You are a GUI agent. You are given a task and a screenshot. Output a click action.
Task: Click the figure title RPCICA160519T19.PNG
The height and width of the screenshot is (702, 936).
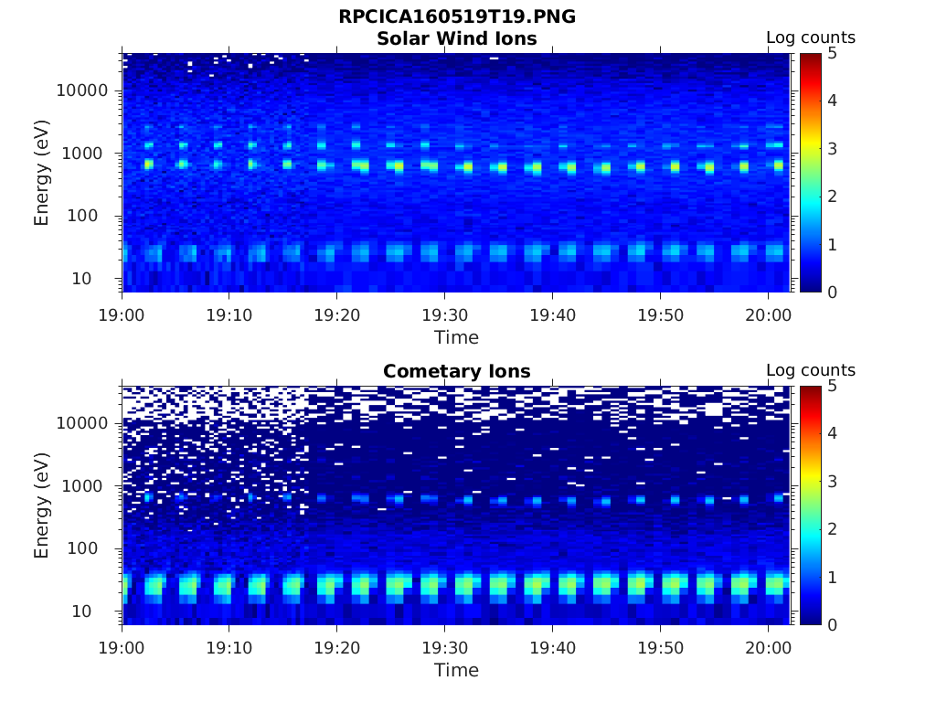pos(456,17)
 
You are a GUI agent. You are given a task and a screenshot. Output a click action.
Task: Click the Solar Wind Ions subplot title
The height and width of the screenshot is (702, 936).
pos(456,39)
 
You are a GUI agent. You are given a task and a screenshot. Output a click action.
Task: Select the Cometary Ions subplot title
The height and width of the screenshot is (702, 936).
pos(456,372)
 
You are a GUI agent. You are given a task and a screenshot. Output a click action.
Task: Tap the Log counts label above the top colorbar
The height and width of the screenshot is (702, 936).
pos(810,38)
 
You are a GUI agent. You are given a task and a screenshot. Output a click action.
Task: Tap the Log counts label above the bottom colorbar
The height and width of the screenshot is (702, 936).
pos(810,371)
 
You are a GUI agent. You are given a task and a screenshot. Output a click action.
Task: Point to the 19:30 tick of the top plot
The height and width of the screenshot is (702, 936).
pos(444,314)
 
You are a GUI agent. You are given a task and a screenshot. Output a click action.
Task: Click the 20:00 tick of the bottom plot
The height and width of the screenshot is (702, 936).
pos(768,647)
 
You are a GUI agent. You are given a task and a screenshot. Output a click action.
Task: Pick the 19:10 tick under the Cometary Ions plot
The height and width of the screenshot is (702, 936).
pos(229,647)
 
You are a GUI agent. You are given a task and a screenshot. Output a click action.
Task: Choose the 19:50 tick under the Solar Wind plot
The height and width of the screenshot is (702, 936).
pos(660,314)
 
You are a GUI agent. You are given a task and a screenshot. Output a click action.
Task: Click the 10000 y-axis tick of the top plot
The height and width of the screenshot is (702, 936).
pos(83,91)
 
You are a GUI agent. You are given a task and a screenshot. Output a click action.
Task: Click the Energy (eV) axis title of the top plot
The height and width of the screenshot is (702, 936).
pos(42,173)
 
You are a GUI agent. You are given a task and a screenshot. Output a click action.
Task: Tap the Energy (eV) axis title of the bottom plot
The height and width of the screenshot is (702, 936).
pos(42,505)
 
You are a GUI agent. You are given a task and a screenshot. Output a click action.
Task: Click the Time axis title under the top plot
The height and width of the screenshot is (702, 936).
pos(456,337)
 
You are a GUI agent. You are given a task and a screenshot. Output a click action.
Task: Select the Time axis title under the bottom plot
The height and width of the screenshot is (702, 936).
pos(456,670)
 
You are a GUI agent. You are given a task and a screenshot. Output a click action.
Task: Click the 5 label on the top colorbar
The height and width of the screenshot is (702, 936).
pos(831,53)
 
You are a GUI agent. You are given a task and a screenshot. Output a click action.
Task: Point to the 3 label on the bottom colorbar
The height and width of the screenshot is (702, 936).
pos(831,482)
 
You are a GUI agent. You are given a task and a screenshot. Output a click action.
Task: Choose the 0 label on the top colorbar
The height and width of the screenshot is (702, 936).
pos(831,292)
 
